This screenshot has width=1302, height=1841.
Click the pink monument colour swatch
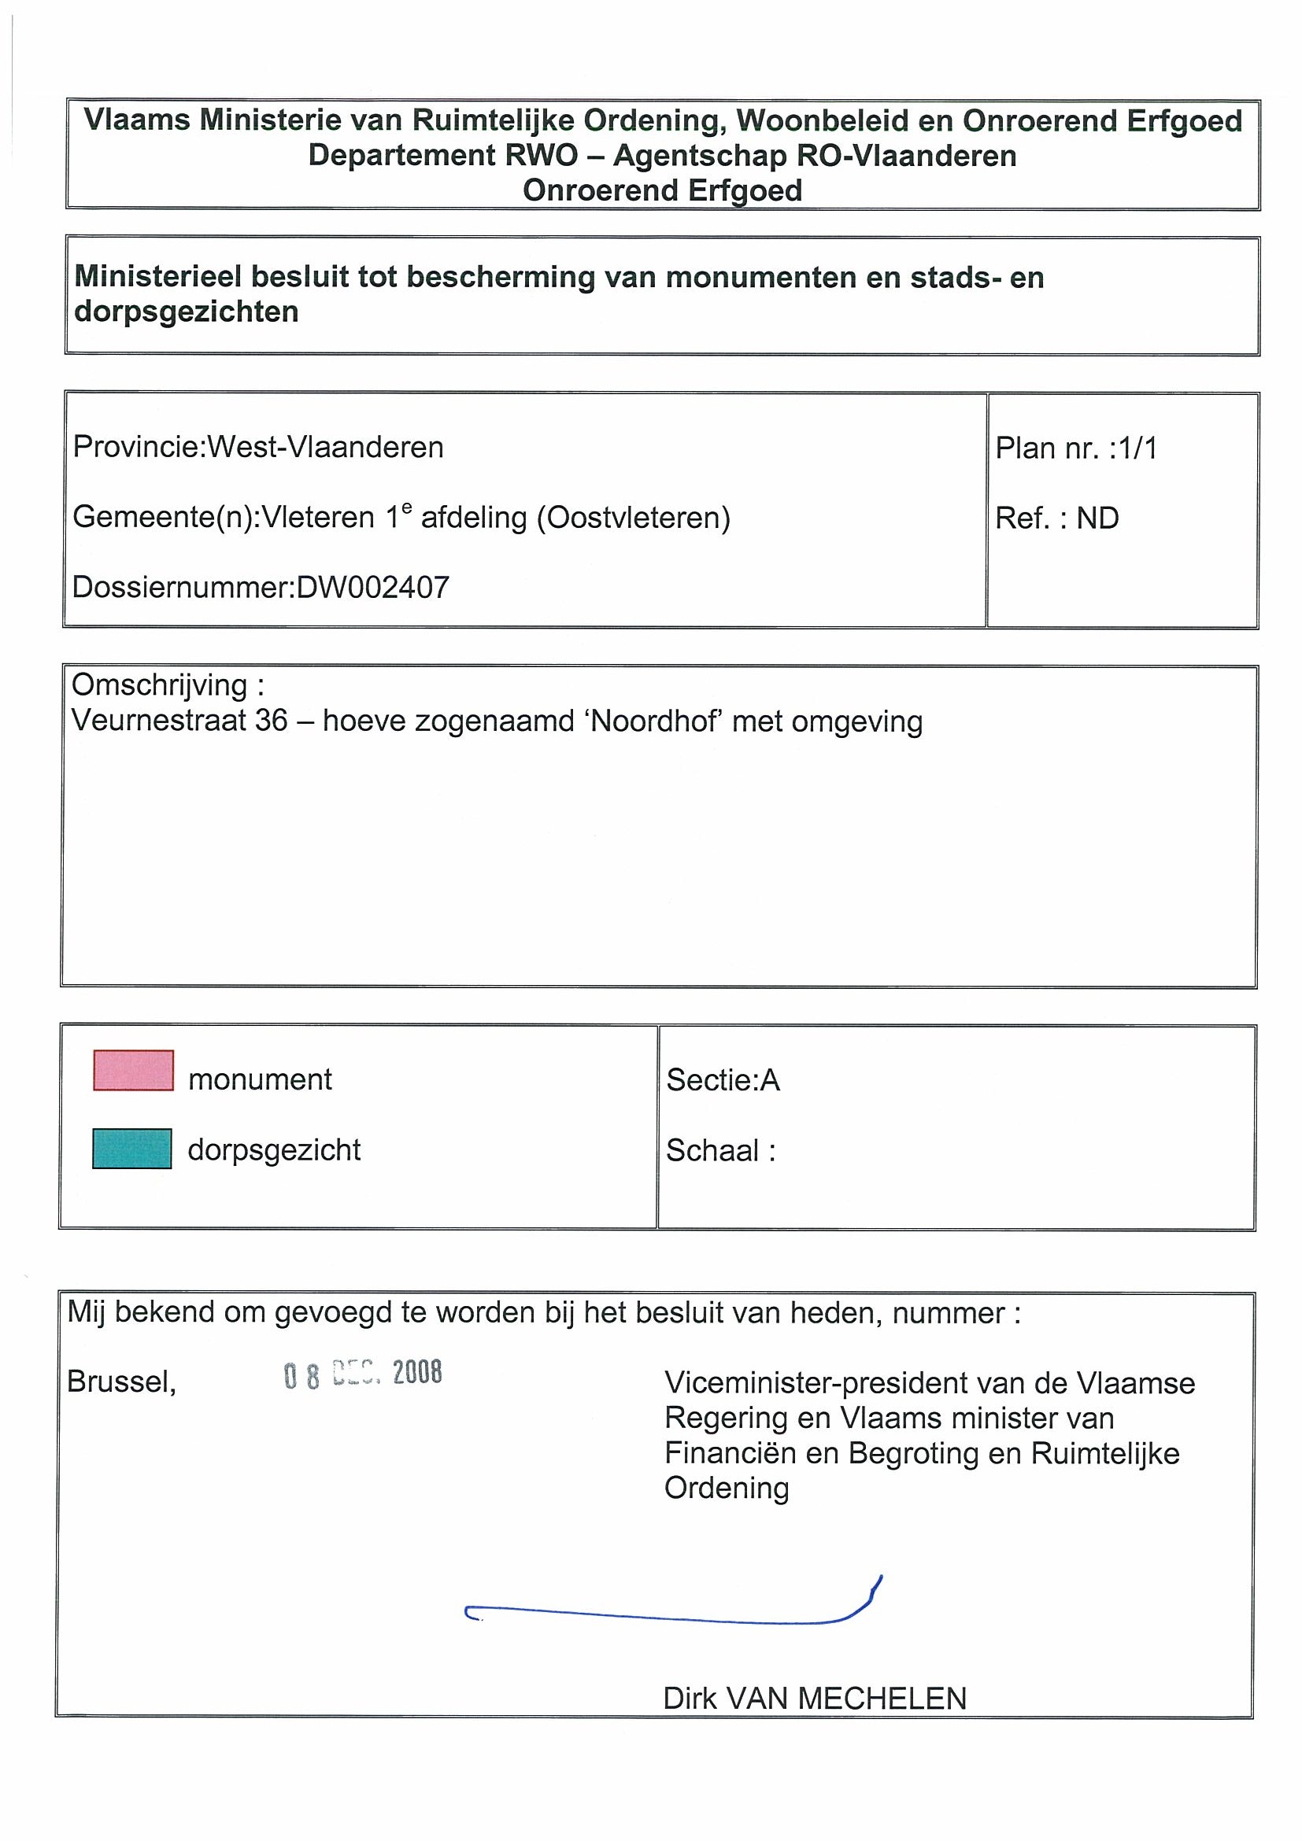pos(133,1070)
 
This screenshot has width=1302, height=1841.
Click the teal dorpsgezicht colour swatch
pos(131,1148)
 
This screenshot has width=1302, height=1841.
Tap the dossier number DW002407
pos(373,588)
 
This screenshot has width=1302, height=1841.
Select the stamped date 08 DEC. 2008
pos(363,1374)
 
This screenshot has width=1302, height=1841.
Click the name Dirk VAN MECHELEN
pos(814,1699)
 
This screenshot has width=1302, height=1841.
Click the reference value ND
pos(1097,518)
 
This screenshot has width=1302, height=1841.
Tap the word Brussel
pos(121,1381)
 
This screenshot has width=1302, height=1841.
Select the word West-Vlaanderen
pos(326,447)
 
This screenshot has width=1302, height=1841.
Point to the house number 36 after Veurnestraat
pos(271,721)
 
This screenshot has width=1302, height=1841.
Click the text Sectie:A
pos(723,1080)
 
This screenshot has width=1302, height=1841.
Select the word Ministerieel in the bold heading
pos(158,278)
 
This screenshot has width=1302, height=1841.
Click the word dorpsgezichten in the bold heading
pos(186,311)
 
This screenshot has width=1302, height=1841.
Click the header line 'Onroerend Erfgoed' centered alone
pos(662,191)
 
